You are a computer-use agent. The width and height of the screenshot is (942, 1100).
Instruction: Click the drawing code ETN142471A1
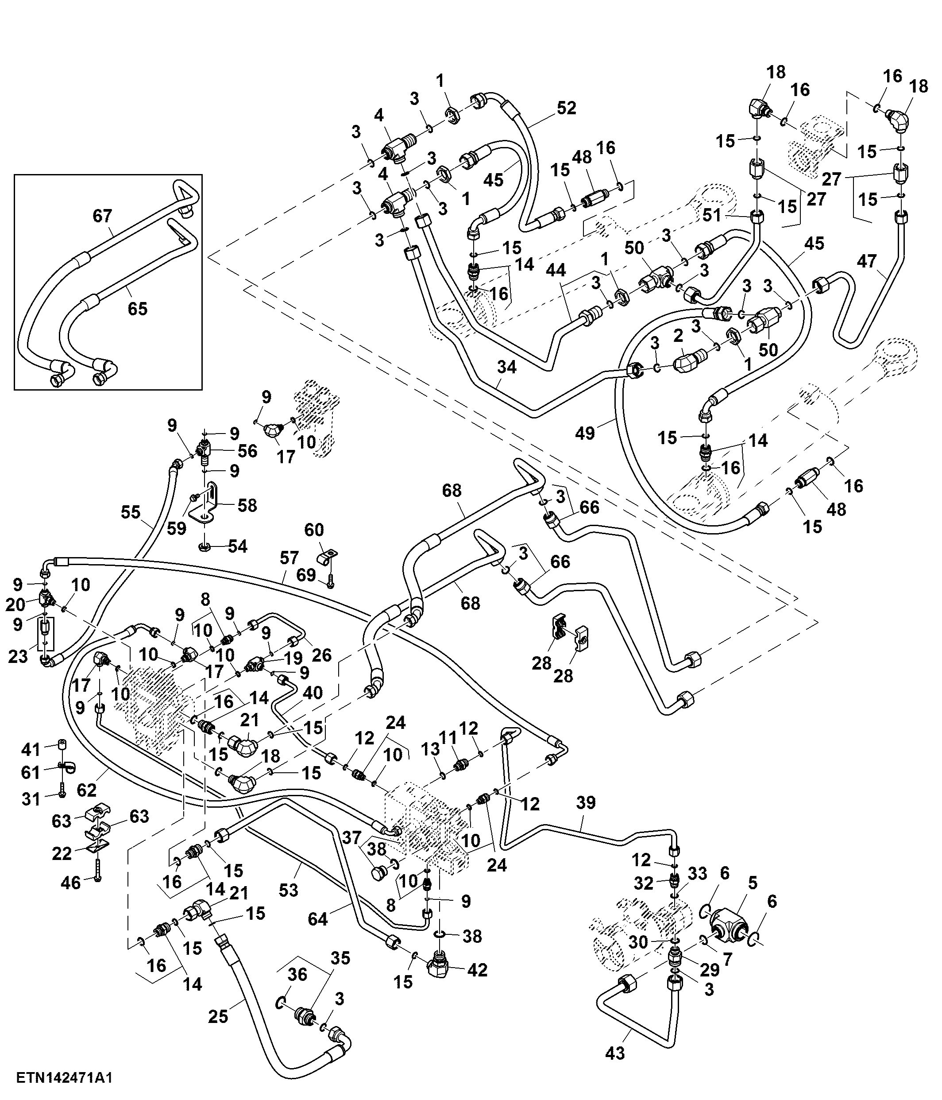64,1077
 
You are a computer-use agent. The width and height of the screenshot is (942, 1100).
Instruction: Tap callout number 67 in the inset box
102,216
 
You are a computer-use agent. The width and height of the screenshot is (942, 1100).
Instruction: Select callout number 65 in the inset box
138,309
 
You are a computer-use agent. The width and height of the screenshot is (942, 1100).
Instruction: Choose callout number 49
585,433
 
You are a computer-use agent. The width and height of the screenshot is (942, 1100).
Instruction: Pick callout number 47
866,261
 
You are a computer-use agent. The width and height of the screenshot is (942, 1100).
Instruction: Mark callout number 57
289,558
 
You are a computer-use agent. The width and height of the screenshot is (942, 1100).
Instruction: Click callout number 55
131,512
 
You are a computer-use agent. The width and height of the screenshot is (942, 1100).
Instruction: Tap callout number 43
615,1053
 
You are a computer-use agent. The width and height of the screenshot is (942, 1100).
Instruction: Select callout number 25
218,1016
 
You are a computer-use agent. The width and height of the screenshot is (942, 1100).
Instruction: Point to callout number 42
477,970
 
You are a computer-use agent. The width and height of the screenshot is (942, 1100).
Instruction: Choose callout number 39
586,803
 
